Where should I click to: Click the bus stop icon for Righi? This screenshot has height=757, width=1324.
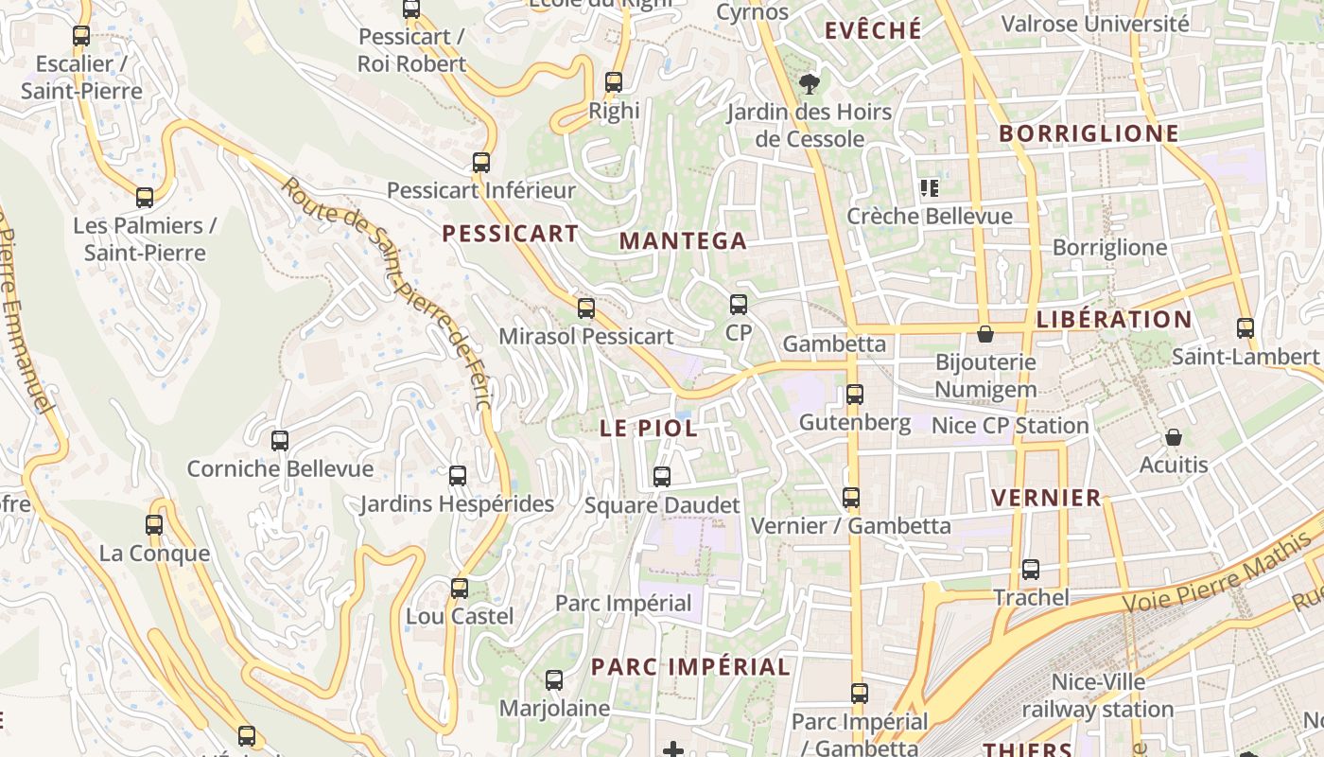[x=614, y=82]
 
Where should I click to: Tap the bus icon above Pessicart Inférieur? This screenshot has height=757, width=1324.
[x=481, y=163]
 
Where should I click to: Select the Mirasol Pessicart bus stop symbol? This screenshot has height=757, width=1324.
[x=586, y=308]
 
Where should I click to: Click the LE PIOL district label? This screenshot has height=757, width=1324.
[x=649, y=428]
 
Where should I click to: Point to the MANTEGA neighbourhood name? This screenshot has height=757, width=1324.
[x=683, y=241]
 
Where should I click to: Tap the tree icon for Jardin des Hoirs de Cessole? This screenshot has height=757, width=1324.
[x=809, y=84]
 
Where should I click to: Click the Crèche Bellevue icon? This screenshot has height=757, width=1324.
[x=930, y=188]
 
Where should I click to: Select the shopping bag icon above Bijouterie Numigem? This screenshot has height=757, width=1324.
[x=985, y=334]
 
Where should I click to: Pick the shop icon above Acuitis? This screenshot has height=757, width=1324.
[x=1174, y=437]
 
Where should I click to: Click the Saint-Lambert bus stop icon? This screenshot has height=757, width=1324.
[x=1246, y=328]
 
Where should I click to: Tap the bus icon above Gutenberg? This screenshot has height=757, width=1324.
[x=855, y=395]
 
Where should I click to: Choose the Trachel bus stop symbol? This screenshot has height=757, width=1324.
[x=1031, y=570]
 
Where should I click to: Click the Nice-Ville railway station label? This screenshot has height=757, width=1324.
[x=1098, y=695]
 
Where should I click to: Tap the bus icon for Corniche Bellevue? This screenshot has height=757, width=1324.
[x=280, y=441]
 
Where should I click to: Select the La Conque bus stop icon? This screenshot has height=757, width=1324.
[x=154, y=525]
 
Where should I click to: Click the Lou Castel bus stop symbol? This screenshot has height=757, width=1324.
[x=460, y=589]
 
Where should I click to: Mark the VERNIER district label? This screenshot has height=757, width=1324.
[x=1046, y=498]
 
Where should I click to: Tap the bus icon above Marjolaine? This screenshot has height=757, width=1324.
[x=554, y=680]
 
